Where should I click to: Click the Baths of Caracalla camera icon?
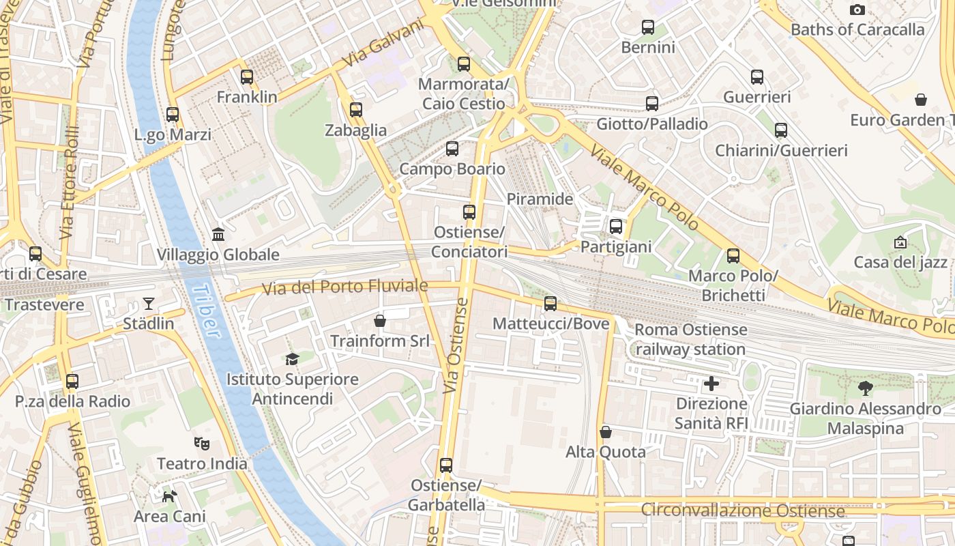[857, 10]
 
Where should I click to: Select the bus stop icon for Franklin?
[247, 77]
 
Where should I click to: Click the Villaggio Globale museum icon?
[218, 235]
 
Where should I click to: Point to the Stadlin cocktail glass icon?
[149, 304]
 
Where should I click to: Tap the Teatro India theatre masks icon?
[201, 444]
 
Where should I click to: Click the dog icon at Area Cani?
[169, 496]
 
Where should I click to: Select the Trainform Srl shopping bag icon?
[380, 320]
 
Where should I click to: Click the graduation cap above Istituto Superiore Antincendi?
[292, 359]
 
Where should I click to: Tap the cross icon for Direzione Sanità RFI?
[711, 384]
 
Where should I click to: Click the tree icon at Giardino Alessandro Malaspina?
[866, 389]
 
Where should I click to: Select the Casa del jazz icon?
[900, 242]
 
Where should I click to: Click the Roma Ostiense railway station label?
[690, 339]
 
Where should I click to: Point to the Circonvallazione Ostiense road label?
[743, 511]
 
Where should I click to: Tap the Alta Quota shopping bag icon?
[605, 432]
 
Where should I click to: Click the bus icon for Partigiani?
[616, 227]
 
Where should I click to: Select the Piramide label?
[540, 199]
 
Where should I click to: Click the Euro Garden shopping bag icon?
[921, 100]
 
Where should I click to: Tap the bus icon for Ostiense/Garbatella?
[446, 465]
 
